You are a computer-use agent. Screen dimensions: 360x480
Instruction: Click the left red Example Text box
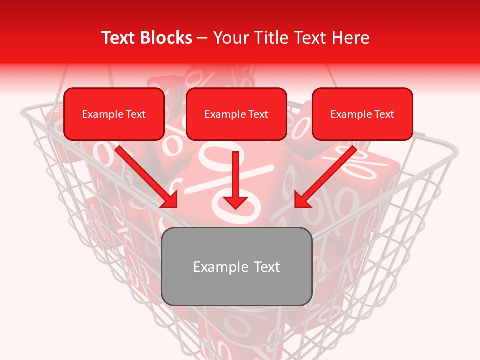click(x=114, y=114)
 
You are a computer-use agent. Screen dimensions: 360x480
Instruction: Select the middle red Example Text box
click(x=236, y=114)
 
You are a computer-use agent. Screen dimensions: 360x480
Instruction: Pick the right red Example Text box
click(x=362, y=114)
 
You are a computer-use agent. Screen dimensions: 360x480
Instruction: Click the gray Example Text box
click(x=236, y=267)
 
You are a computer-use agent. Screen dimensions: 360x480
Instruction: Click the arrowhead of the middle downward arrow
click(x=235, y=202)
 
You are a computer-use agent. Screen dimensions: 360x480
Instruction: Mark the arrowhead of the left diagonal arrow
click(x=170, y=201)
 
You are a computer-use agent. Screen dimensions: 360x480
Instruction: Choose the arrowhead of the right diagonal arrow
click(x=301, y=201)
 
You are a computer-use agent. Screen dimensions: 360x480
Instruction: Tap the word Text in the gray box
click(x=263, y=267)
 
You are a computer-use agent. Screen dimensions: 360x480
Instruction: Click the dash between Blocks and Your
click(x=203, y=38)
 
